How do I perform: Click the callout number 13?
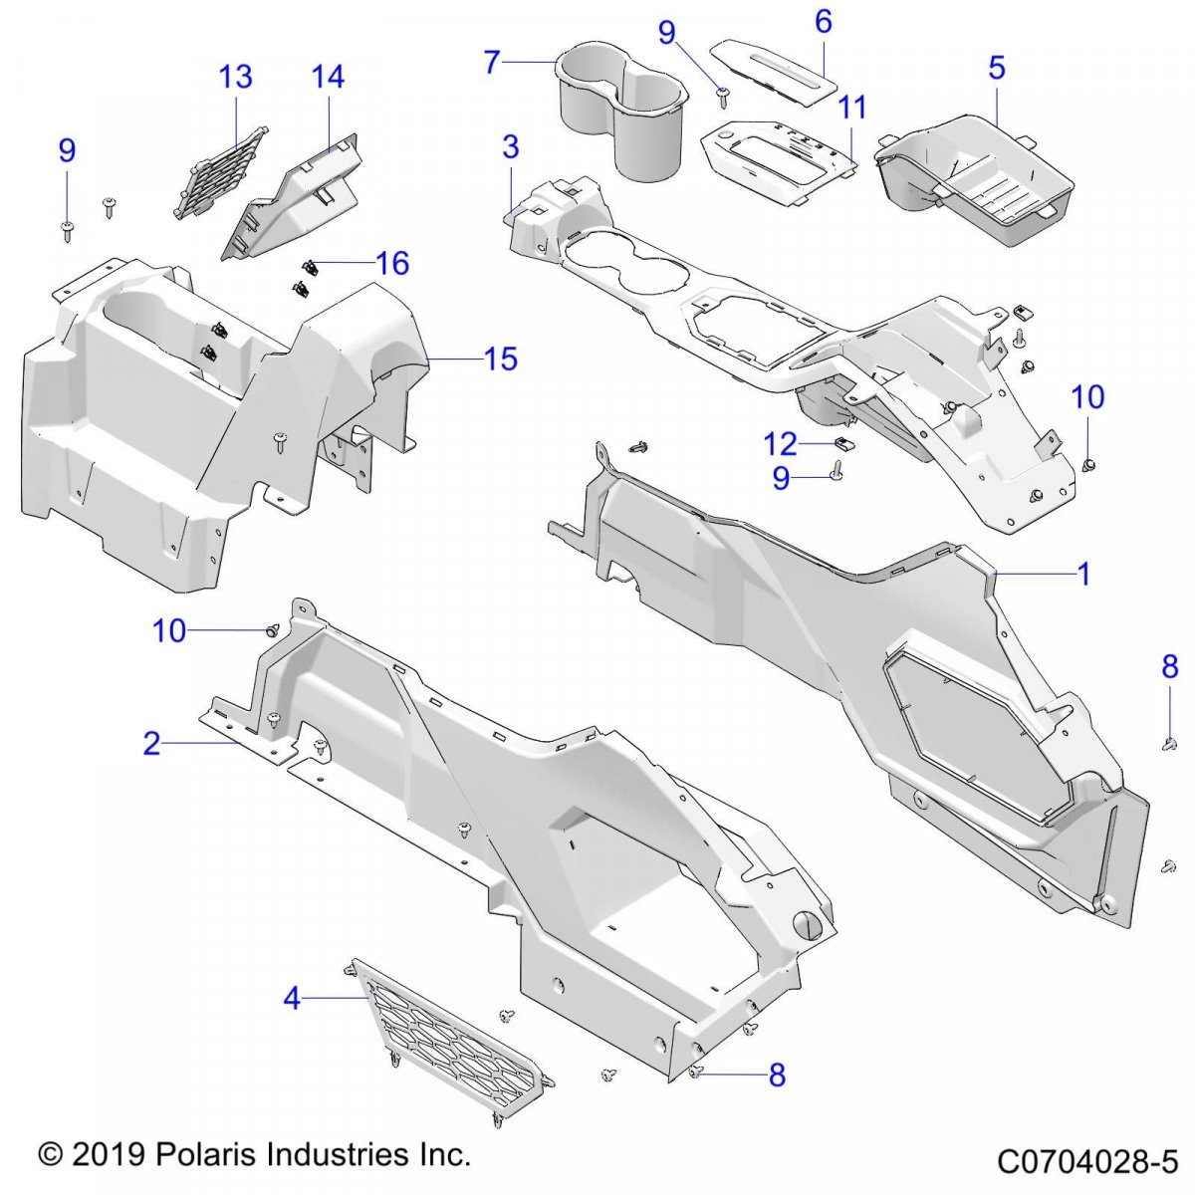[x=235, y=77]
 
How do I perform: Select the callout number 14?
[x=328, y=77]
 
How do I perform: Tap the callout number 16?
[x=392, y=263]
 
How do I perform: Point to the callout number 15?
[x=501, y=358]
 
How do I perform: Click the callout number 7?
[x=491, y=62]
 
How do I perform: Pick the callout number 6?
[x=823, y=22]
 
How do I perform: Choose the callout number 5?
[x=996, y=68]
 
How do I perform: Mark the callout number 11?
[x=852, y=108]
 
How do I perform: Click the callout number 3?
[x=511, y=147]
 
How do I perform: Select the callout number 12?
[x=782, y=443]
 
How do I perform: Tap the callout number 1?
[x=1083, y=574]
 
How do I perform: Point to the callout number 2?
[x=151, y=743]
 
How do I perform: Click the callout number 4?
[x=292, y=997]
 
